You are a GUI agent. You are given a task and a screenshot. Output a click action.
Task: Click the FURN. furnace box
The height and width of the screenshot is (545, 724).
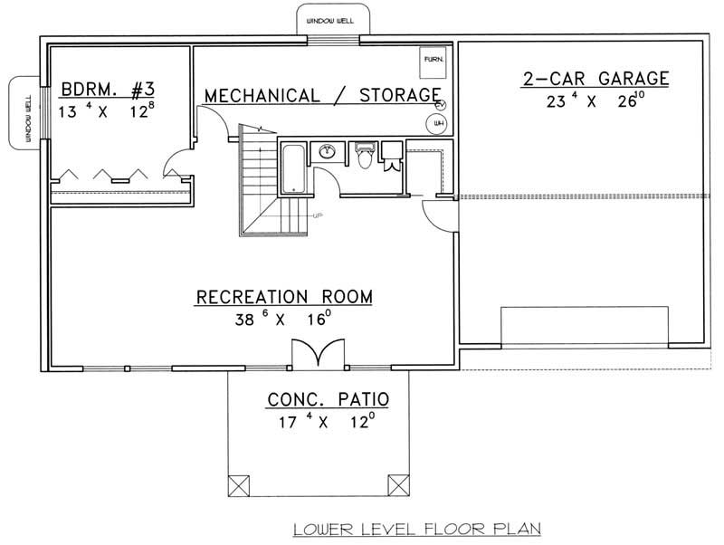point(433,62)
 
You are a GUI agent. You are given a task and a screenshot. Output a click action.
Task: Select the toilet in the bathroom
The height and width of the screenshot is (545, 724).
point(364,156)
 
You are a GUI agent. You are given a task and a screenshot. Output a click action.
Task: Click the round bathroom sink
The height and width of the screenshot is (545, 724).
point(327,151)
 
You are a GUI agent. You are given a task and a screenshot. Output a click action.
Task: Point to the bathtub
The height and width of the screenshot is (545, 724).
point(292,167)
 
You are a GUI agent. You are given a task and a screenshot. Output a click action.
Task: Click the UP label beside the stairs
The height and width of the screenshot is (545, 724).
point(318,215)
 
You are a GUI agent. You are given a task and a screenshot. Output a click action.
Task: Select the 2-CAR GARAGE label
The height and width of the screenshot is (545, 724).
point(595,79)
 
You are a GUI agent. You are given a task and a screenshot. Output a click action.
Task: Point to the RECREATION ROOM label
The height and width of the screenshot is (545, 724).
point(285,296)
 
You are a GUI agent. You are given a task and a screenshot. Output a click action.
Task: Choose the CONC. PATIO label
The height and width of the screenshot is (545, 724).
point(321,399)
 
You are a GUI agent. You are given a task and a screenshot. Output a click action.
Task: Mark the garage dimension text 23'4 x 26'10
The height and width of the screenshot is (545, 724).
point(595,101)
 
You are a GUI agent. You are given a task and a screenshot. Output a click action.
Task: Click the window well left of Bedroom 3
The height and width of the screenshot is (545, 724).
point(22,112)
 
